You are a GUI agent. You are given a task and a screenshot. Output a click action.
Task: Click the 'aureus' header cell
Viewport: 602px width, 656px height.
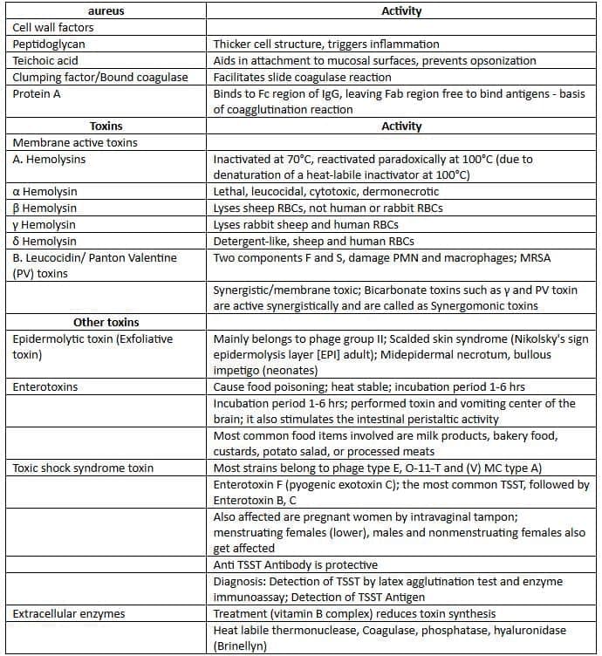[x=106, y=11]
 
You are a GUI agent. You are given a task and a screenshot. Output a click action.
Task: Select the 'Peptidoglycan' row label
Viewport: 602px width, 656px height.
[x=49, y=44]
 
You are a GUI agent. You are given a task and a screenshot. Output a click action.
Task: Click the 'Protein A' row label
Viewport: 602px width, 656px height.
[x=37, y=94]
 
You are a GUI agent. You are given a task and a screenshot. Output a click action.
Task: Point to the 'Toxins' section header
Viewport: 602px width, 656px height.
[x=106, y=126]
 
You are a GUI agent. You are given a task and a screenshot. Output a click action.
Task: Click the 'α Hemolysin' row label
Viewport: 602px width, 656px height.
[x=44, y=192]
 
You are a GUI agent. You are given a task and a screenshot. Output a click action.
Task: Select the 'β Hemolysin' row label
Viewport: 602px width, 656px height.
[x=44, y=208]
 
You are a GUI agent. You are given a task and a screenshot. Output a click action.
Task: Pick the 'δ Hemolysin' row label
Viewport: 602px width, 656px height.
[x=44, y=242]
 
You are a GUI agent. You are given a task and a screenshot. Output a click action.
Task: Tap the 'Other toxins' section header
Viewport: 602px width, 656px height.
[x=106, y=323]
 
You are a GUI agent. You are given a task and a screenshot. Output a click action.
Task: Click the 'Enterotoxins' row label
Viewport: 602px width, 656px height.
[x=45, y=386]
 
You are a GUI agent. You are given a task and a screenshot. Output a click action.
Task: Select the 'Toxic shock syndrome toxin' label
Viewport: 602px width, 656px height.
[x=83, y=468]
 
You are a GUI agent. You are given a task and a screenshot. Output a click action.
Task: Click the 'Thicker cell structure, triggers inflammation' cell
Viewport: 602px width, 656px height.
[x=326, y=44]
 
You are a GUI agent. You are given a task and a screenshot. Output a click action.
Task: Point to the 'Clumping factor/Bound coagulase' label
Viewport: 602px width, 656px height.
[x=100, y=78]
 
